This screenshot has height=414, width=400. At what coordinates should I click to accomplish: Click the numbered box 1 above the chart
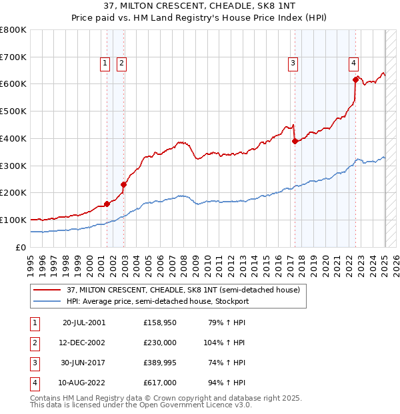pos(105,63)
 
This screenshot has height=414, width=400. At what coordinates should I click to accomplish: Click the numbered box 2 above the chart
pos(122,63)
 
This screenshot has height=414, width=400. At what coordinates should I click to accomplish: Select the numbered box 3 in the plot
pos(293,63)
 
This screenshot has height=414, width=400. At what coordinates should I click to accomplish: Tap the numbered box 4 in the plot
pos(353,63)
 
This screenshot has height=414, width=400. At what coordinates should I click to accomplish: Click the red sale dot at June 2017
pos(295,141)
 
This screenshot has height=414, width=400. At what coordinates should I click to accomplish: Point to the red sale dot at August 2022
pos(355,79)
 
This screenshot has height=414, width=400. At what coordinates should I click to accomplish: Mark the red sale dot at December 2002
pos(123,184)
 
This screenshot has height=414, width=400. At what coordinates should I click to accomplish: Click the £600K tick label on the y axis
pos(13,84)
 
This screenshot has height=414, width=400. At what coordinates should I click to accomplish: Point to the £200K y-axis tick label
pos(13,193)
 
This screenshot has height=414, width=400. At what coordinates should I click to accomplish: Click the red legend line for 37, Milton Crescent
pos(47,290)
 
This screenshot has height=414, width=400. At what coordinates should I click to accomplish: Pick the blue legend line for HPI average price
pos(47,301)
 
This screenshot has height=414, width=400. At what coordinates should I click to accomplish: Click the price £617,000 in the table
pos(160,383)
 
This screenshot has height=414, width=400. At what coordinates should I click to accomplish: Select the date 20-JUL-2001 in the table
pos(84,323)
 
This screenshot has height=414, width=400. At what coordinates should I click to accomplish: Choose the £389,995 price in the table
pos(160,363)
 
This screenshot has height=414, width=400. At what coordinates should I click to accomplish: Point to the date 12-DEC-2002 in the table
pos(84,343)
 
